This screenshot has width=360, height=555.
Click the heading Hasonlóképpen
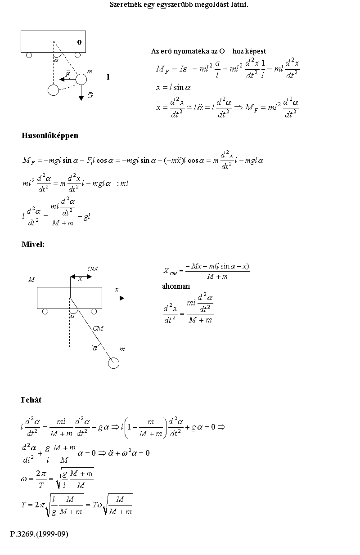coord(50,135)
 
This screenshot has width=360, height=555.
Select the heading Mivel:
coord(33,244)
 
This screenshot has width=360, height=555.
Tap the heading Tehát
coord(31,399)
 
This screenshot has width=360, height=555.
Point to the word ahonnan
coord(176,286)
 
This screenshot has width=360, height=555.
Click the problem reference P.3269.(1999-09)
coord(39,534)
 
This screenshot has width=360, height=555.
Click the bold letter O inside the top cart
coord(79,42)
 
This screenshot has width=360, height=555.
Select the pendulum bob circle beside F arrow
coord(81,79)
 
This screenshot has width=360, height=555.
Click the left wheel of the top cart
coord(29,55)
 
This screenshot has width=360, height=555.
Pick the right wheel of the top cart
coord(77,55)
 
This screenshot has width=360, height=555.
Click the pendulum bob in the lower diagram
coord(114,363)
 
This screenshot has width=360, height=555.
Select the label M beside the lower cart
coord(31,280)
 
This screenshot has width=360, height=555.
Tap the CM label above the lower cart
coord(93,269)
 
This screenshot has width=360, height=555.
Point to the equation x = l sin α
coord(174,88)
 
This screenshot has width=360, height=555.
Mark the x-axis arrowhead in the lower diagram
coord(121,298)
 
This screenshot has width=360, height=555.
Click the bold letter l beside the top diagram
coord(108,77)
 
